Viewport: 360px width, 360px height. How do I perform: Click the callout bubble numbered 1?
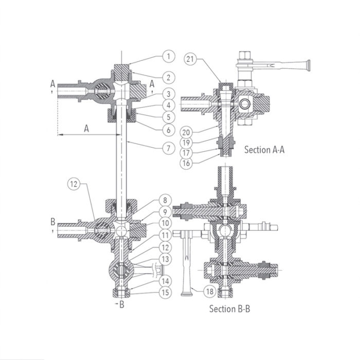[167, 55]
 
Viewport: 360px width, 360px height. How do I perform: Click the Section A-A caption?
[264, 150]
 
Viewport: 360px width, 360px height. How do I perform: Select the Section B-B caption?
[229, 309]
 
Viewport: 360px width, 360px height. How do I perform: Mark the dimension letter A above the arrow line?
[86, 129]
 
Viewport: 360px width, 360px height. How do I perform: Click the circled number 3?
[167, 93]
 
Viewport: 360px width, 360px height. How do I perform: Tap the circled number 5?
[167, 116]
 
